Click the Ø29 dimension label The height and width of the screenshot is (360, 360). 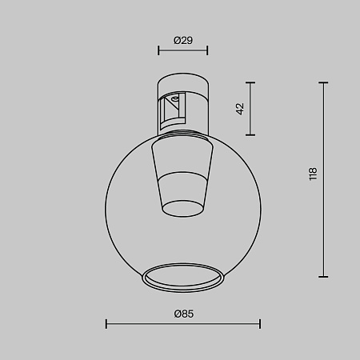pyautogui.click(x=182, y=39)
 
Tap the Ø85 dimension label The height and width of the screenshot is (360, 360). pyautogui.click(x=183, y=314)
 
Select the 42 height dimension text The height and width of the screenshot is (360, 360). pyautogui.click(x=239, y=108)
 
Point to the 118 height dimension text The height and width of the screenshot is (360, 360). pyautogui.click(x=313, y=174)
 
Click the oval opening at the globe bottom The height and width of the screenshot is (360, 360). pyautogui.click(x=183, y=275)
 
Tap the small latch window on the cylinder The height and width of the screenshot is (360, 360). pyautogui.click(x=172, y=108)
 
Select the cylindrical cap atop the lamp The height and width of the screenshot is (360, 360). pyautogui.click(x=183, y=84)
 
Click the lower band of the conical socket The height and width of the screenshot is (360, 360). pyautogui.click(x=183, y=197)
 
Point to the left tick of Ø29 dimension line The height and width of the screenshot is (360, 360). pyautogui.click(x=159, y=50)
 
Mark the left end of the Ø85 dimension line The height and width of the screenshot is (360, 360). pyautogui.click(x=106, y=324)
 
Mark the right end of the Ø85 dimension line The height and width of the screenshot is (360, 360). pyautogui.click(x=260, y=324)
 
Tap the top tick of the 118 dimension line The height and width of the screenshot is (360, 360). pyautogui.click(x=324, y=82)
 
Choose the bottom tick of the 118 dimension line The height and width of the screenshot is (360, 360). pyautogui.click(x=324, y=274)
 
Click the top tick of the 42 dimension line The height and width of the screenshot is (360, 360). pyautogui.click(x=252, y=82)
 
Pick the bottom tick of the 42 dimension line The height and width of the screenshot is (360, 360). pyautogui.click(x=252, y=134)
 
